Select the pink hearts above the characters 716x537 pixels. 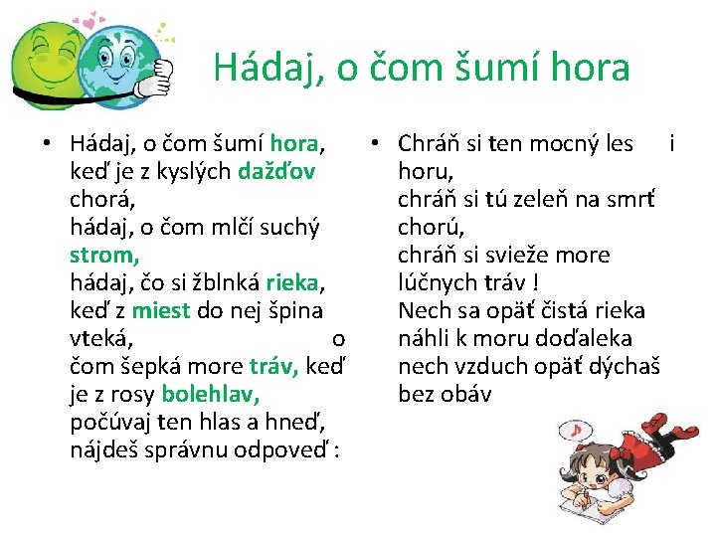(91, 20)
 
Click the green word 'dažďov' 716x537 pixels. (277, 172)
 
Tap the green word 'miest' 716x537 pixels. (159, 311)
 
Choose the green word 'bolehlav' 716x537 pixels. (210, 395)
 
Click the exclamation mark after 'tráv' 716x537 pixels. (537, 283)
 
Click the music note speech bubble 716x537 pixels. (577, 429)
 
